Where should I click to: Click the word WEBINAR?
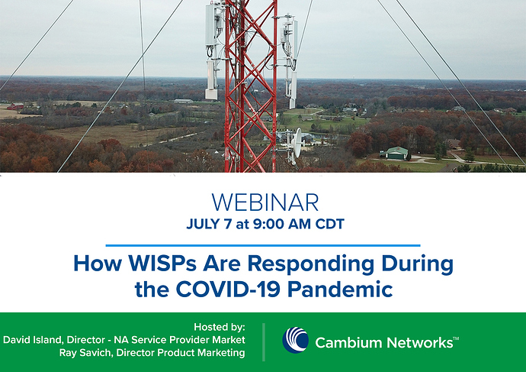point(265,202)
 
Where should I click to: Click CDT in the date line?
point(330,224)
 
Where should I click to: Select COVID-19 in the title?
point(228,289)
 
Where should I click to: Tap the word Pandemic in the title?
point(340,289)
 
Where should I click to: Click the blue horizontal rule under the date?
point(263,246)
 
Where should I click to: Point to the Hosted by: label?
point(220,327)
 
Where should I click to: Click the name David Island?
point(33,340)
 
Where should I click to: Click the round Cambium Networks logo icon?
point(296,340)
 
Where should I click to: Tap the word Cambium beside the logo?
point(348,343)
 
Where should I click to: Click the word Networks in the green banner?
point(420,343)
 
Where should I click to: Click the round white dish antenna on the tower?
point(297,143)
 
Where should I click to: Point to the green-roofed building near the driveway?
point(396,153)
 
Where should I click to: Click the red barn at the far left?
point(15,106)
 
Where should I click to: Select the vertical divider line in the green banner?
point(264,342)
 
